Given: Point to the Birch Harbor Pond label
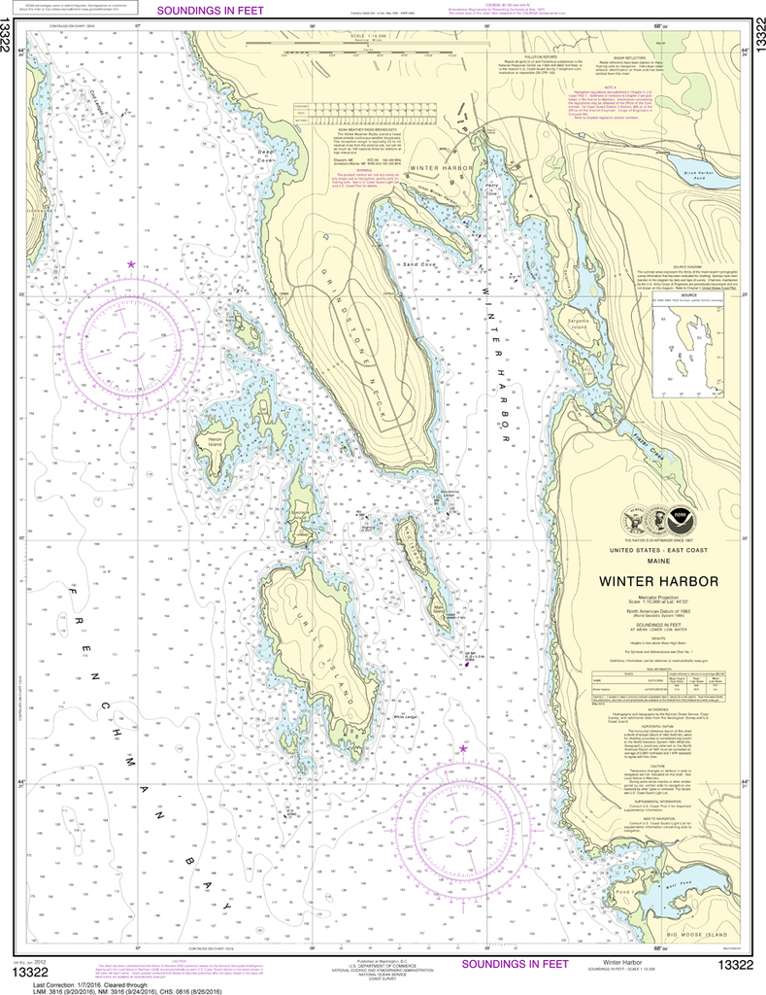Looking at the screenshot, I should [699, 174].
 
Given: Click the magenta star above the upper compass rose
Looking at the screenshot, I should [131, 263].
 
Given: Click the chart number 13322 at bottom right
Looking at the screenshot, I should [735, 964].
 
